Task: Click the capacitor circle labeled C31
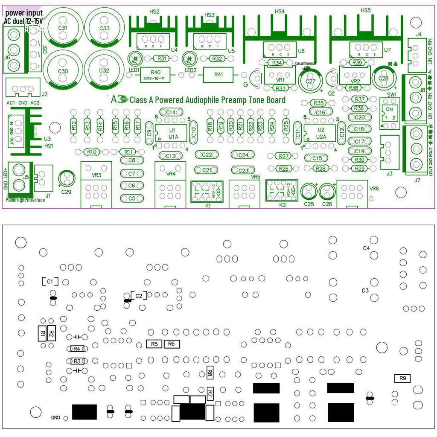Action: tap(63, 28)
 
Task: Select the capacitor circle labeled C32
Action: tap(104, 71)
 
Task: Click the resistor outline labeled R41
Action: tap(218, 75)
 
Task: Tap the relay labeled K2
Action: tap(282, 190)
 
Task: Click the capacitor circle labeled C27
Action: tap(310, 81)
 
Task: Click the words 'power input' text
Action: tap(24, 13)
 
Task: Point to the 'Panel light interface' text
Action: tap(25, 200)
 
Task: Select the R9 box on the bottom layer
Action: tap(402, 378)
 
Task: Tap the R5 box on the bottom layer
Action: tap(154, 344)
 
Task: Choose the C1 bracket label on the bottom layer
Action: tap(50, 282)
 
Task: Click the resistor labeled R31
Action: tap(162, 58)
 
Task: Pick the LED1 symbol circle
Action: tap(134, 58)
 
